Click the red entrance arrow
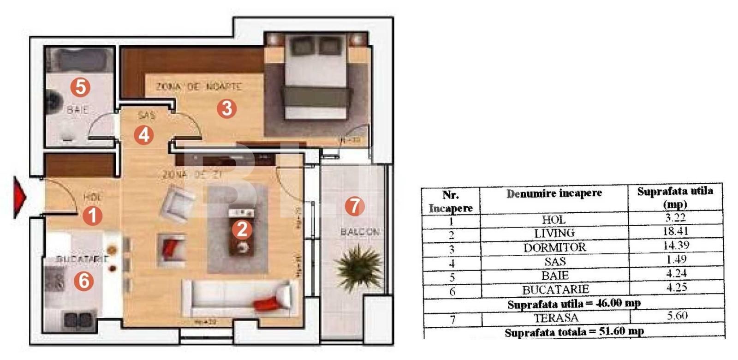[x=19, y=197]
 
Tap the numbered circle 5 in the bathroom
[x=80, y=86]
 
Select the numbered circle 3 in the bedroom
[x=226, y=108]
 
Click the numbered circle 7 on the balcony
[x=354, y=206]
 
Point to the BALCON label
[x=360, y=232]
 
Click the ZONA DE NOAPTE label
[x=199, y=86]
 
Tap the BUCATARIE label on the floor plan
[x=82, y=259]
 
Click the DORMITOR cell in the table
[x=554, y=247]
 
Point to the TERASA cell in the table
[x=556, y=318]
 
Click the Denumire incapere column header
[x=554, y=194]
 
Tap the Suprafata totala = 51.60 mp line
[x=574, y=332]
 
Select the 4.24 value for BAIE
[x=676, y=274]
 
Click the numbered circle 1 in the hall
[x=92, y=216]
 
